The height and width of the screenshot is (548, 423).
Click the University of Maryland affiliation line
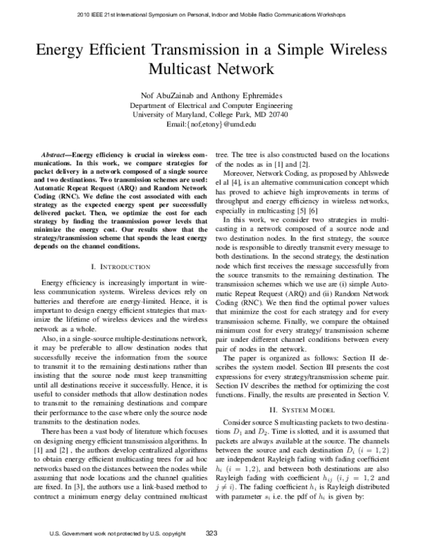(x=211, y=114)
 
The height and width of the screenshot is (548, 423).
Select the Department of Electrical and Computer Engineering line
(x=211, y=104)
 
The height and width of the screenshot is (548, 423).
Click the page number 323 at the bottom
(x=211, y=533)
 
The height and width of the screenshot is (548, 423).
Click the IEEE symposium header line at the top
(x=211, y=14)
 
